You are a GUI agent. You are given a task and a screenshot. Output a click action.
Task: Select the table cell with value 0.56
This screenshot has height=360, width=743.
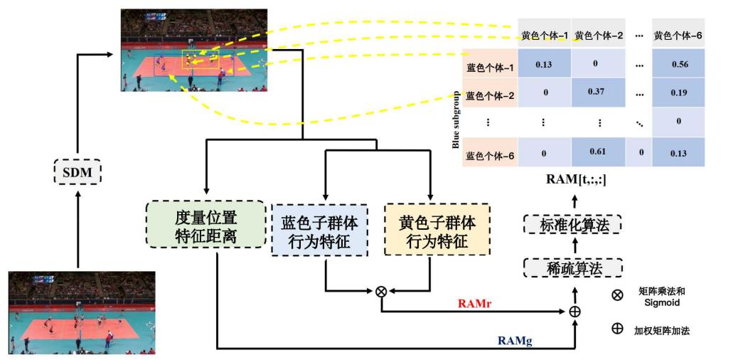pos(679,64)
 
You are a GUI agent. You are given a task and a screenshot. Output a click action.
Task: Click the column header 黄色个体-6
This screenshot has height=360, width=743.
pos(679,35)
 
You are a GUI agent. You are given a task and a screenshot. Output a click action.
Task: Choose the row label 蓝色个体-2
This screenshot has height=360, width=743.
pos(490,95)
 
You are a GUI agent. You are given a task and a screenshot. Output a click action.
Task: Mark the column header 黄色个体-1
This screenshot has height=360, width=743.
pos(544,35)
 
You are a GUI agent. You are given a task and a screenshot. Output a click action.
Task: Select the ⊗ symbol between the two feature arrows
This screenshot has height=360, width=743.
pos(381,291)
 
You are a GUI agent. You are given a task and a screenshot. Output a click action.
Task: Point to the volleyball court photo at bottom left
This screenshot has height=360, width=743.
pos(81,312)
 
